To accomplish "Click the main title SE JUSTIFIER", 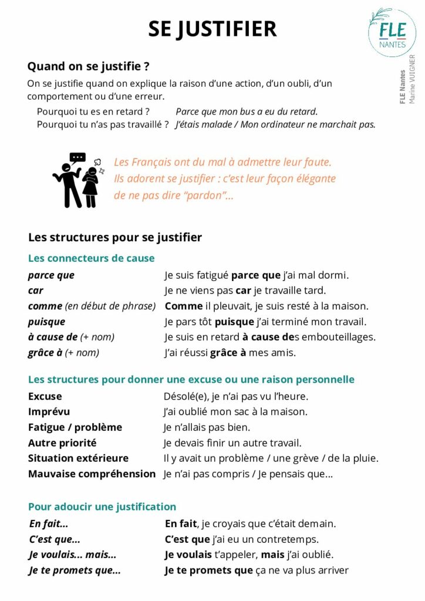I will point(212,29).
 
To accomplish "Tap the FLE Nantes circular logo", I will point(392,32).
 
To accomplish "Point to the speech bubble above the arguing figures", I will point(77,157).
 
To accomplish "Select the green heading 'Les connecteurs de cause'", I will point(91,258).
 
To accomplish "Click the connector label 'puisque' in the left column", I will point(46,322).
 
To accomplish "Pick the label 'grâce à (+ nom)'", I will point(63,353).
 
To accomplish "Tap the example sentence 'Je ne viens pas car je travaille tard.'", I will point(245,291).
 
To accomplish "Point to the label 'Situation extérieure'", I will point(78,458).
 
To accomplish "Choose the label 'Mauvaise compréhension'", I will point(92,474).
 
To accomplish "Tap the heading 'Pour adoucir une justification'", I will point(102,507).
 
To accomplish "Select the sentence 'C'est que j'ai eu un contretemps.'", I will point(242,539).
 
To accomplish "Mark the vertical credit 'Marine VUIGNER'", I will point(413,79).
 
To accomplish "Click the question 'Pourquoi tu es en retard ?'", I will point(93,112).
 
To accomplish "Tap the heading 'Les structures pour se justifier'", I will point(115,237).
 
